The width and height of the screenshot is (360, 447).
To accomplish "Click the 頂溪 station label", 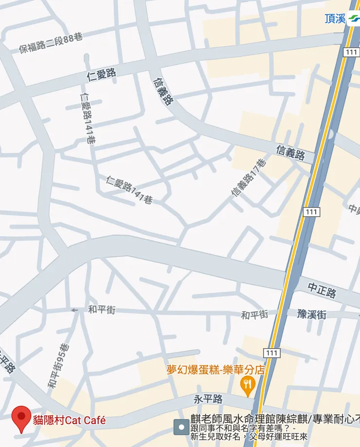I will tap(335, 18).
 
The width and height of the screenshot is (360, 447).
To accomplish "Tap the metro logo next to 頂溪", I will tap(354, 18).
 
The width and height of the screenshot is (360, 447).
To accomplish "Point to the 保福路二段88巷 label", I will tap(51, 43).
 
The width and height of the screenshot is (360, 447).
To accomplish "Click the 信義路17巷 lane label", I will tap(249, 178).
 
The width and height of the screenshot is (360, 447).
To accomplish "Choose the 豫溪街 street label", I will tap(312, 314).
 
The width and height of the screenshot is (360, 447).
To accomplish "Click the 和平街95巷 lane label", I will tap(58, 366).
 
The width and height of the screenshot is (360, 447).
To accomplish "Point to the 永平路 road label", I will tap(208, 399).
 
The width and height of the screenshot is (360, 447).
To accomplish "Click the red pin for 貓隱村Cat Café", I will tap(21, 418).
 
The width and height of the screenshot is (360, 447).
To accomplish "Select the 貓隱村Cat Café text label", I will tap(69, 420).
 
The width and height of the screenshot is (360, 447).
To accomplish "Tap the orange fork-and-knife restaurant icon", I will tap(248, 386).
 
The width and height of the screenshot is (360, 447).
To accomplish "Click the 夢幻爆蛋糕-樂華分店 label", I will tap(216, 370).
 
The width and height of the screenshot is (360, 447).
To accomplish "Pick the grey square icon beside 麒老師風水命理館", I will tap(181, 427).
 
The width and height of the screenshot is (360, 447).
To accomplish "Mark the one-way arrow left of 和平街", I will tap(74, 310).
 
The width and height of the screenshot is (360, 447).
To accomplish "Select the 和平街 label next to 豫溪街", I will tap(254, 315).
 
